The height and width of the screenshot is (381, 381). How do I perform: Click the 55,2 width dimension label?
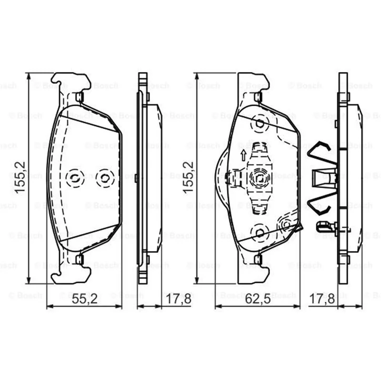pyautogui.click(x=84, y=299)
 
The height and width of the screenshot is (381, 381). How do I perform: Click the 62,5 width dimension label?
pyautogui.click(x=258, y=299)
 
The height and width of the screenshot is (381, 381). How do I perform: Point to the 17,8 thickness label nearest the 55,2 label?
pyautogui.click(x=178, y=299)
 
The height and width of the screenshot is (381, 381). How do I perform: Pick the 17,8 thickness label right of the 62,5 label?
pyautogui.click(x=322, y=299)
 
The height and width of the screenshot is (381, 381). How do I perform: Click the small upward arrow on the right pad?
pyautogui.click(x=243, y=155)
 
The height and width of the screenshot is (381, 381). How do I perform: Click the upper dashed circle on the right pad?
pyautogui.click(x=260, y=124)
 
